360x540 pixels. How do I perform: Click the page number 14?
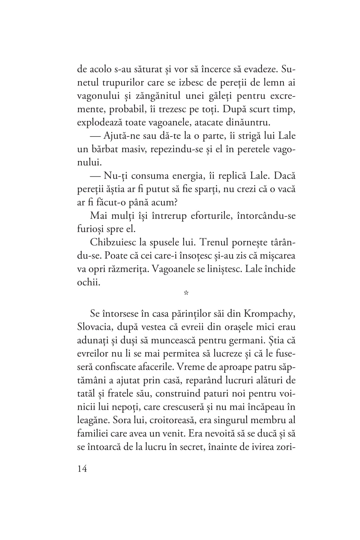pyautogui.click(x=82, y=469)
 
